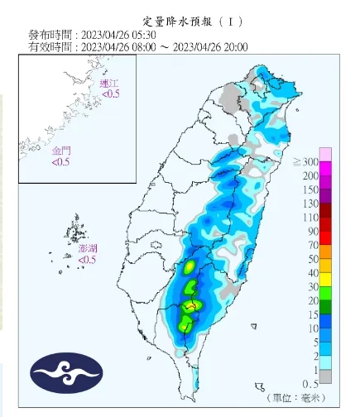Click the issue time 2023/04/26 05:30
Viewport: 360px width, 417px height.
coord(126,36)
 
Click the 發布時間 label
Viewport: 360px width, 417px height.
coord(50,36)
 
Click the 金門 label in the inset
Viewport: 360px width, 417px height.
coord(61,152)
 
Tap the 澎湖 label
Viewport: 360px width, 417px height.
coord(87,248)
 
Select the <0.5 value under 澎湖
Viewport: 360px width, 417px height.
coord(87,260)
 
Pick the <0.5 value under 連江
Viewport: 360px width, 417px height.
coord(110,94)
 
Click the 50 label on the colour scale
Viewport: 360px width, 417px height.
coord(313,259)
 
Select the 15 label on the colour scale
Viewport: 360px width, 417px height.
coord(313,314)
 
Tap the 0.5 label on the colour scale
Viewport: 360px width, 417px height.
coord(310,382)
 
